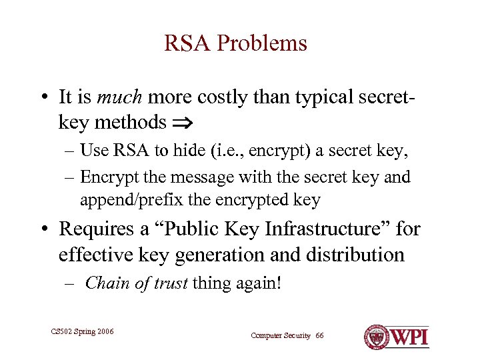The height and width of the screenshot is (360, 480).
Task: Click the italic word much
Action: [x=120, y=97]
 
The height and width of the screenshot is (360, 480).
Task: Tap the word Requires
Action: [x=98, y=229]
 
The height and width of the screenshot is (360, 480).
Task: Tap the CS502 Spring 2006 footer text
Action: [x=82, y=331]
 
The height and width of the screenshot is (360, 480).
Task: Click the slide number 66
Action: [x=320, y=335]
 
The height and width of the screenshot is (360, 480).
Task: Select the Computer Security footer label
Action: [x=281, y=335]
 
